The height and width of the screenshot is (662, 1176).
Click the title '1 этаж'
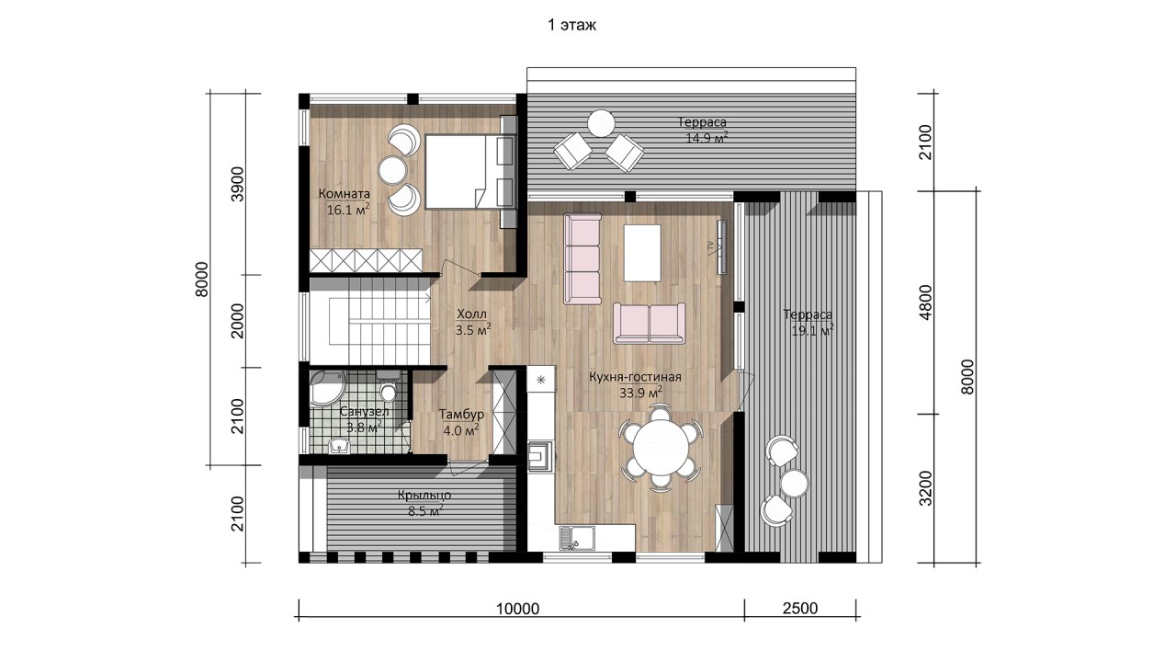[x=571, y=25]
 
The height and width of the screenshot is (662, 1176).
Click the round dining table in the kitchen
[x=661, y=448]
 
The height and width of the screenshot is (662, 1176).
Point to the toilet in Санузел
[x=388, y=386]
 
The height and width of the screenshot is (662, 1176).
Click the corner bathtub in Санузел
[x=327, y=388]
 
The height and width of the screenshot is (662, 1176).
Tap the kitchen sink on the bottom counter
[x=577, y=538]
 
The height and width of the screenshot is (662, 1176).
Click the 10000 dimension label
[x=517, y=609]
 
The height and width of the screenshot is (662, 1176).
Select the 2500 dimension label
[x=800, y=608]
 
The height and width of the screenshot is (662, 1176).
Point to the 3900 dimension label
[x=238, y=184]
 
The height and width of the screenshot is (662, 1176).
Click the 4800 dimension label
[x=925, y=302]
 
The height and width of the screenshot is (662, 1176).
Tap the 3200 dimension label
[x=925, y=488]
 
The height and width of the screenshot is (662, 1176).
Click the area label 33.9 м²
[x=640, y=392]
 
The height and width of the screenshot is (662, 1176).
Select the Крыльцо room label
[x=424, y=495]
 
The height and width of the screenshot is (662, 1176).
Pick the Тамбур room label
[x=461, y=414]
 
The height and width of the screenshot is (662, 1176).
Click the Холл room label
[x=471, y=314]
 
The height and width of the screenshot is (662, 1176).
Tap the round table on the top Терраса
[x=601, y=123]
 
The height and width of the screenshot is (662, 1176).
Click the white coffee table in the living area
[x=642, y=253]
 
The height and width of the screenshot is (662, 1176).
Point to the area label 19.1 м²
[x=812, y=331]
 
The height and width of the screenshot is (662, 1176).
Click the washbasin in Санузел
[x=339, y=446]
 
